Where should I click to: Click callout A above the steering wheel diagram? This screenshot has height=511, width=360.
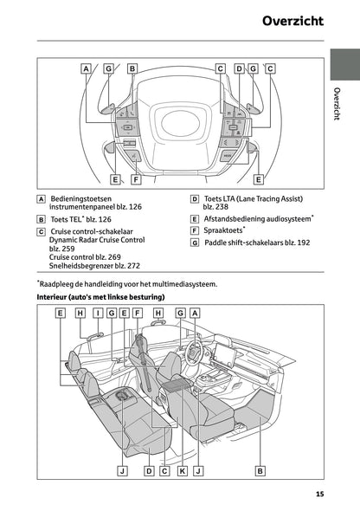(87, 68)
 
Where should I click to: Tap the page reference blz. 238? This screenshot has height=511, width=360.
(216, 208)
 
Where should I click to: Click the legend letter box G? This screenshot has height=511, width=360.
(195, 243)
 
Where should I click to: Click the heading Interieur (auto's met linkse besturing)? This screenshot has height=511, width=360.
(100, 297)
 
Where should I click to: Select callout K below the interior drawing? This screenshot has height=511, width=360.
(183, 471)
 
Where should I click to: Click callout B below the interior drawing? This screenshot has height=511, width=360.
(260, 471)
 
